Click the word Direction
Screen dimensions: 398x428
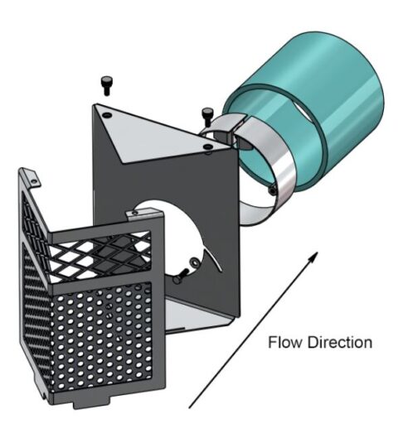click(x=340, y=342)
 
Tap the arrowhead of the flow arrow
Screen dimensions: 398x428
click(x=313, y=257)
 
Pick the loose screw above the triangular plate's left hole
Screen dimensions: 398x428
click(x=106, y=85)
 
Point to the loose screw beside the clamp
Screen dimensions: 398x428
click(x=207, y=117)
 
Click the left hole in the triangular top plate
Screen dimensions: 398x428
click(x=107, y=115)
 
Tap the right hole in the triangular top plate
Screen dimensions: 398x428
click(x=207, y=147)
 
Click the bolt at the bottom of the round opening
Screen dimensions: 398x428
click(x=181, y=277)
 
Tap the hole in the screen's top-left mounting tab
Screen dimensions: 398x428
click(x=34, y=181)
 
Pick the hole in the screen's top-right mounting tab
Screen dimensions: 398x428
click(x=134, y=213)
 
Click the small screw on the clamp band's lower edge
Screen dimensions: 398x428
click(x=273, y=190)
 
